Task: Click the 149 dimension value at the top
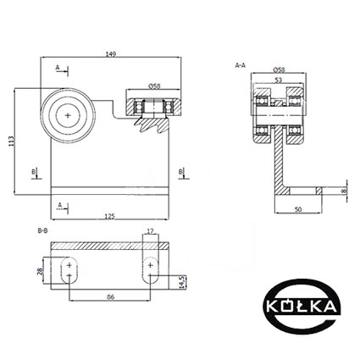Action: click(x=111, y=54)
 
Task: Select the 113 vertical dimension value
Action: click(x=11, y=141)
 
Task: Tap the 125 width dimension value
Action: click(x=109, y=216)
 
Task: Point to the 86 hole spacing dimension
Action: click(x=111, y=296)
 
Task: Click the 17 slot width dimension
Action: click(x=151, y=231)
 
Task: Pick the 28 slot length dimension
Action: click(x=40, y=271)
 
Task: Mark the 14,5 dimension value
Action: click(x=182, y=282)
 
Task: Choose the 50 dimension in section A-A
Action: click(x=298, y=209)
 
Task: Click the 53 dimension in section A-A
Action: click(x=279, y=80)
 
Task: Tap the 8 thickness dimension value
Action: click(x=344, y=191)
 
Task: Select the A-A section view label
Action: click(x=241, y=65)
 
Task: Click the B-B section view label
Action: click(x=43, y=230)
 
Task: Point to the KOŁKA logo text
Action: click(x=302, y=306)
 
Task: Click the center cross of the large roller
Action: click(x=68, y=115)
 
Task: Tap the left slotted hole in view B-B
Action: click(x=69, y=270)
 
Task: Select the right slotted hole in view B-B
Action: click(x=151, y=270)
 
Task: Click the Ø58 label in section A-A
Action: click(x=279, y=69)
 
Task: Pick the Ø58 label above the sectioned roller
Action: click(x=154, y=86)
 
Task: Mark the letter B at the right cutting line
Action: click(x=180, y=171)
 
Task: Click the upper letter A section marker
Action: click(x=58, y=68)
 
